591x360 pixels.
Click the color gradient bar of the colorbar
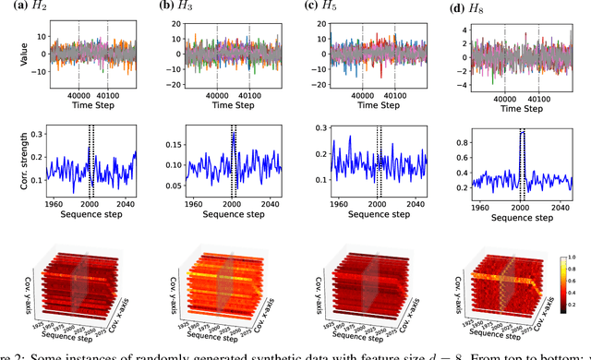click(x=565, y=287)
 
